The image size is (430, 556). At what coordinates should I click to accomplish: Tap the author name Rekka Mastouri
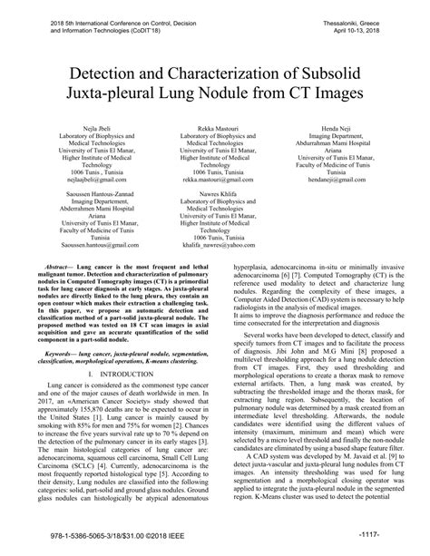point(215,131)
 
